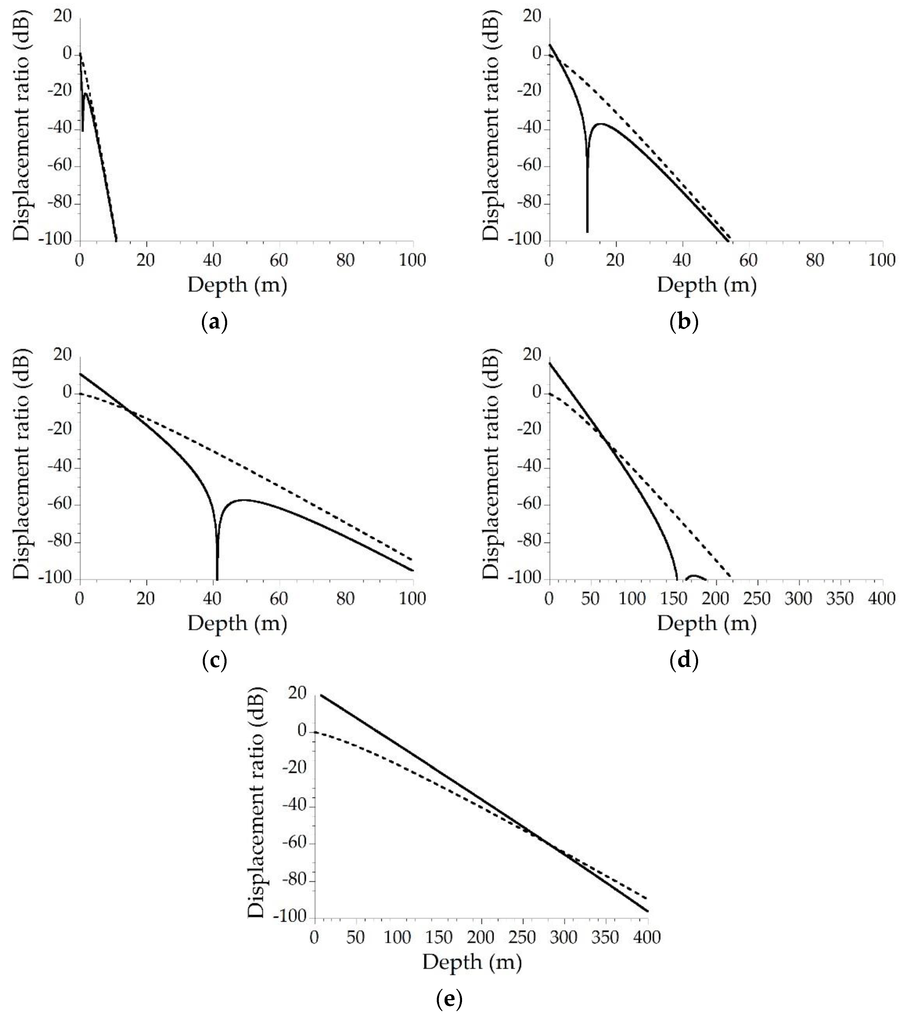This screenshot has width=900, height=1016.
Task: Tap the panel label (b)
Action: pyautogui.click(x=684, y=323)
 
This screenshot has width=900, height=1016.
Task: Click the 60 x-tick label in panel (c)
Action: pyautogui.click(x=279, y=599)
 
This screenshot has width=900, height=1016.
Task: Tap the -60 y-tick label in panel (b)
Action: pyautogui.click(x=531, y=166)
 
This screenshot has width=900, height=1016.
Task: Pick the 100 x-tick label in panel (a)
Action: pyautogui.click(x=413, y=260)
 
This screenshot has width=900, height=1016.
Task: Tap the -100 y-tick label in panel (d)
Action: pyautogui.click(x=527, y=578)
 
